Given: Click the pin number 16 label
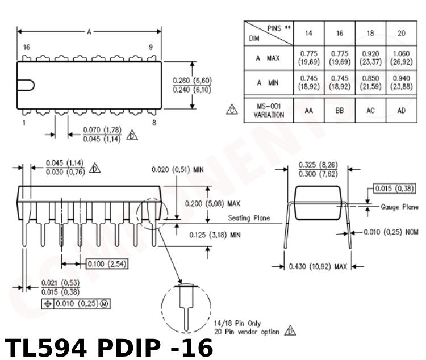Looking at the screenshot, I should pos(26,48).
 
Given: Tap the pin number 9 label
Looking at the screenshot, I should pos(151,48).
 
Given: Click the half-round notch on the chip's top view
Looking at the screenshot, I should pos(26,85).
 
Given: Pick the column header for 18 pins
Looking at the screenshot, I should pos(370,33).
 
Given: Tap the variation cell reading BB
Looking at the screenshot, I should pos(340,110).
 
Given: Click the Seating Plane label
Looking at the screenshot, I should pos(249,218).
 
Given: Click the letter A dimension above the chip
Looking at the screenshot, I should pos(89,32).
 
